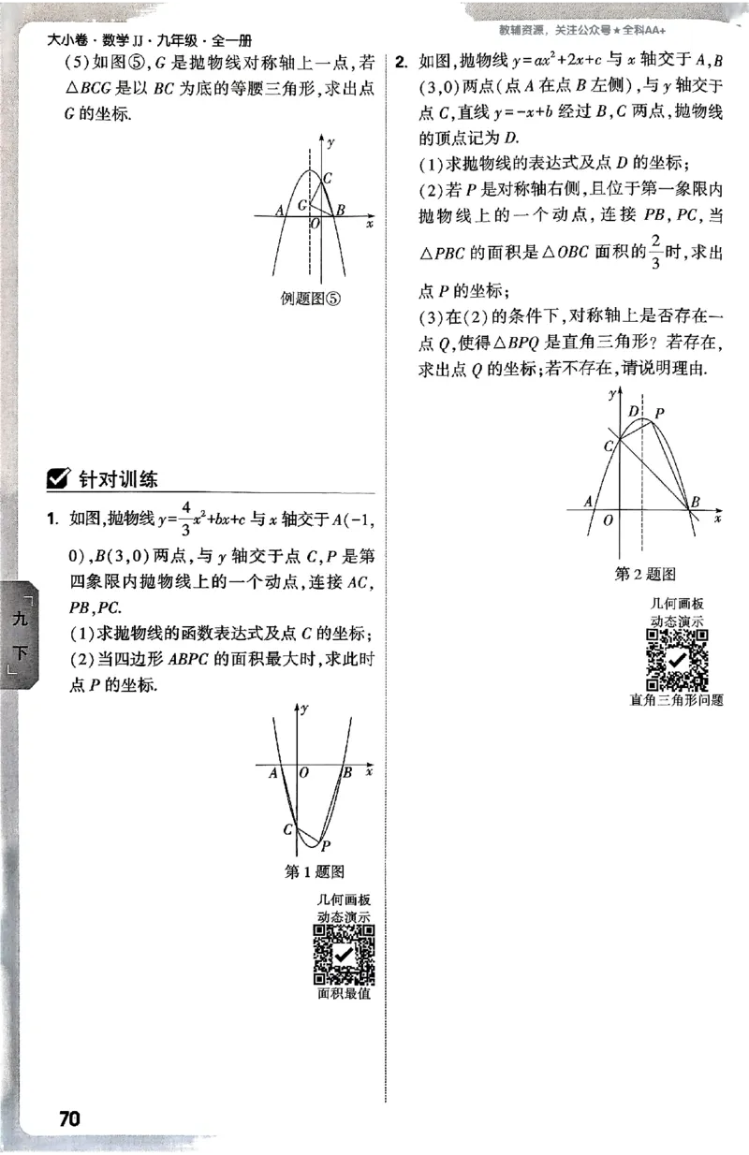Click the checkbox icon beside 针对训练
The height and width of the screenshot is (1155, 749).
(x=58, y=479)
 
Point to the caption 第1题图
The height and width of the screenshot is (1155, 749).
(x=314, y=872)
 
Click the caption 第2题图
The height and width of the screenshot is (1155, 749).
(x=645, y=574)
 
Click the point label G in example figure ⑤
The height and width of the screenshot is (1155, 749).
(x=301, y=205)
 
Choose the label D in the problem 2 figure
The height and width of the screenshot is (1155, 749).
(x=634, y=412)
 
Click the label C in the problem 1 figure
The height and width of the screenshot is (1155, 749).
(x=288, y=828)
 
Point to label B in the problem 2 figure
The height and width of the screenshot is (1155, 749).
(x=695, y=504)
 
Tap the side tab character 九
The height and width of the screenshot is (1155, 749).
(x=20, y=620)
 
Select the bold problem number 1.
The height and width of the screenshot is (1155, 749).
(x=56, y=518)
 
